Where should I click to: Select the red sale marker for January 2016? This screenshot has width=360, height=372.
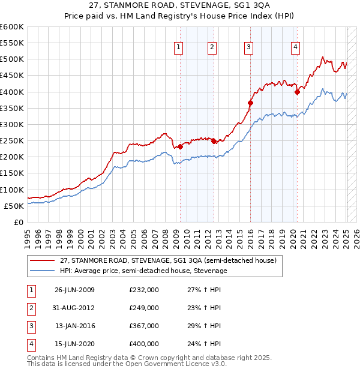(250, 103)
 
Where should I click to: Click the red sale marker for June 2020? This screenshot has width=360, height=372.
(297, 92)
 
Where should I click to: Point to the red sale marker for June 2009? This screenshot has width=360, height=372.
(180, 146)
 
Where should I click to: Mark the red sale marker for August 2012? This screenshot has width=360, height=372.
(214, 141)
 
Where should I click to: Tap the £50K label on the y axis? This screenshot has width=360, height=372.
(14, 206)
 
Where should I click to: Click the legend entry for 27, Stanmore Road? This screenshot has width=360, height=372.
(167, 261)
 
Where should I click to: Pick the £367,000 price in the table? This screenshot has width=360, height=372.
(144, 327)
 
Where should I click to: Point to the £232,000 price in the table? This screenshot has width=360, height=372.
(144, 289)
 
